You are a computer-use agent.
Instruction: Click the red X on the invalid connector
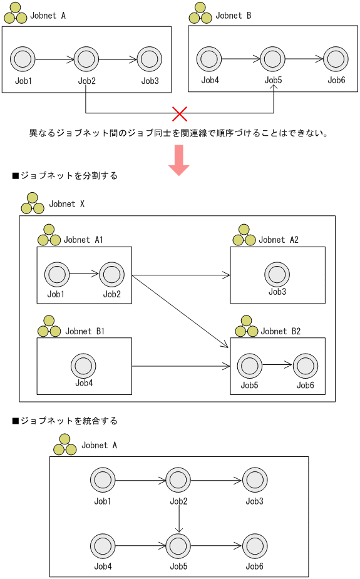click(180, 113)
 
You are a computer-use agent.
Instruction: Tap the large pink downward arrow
click(179, 160)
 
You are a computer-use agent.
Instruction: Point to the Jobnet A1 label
click(83, 240)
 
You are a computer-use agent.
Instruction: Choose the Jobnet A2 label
click(279, 240)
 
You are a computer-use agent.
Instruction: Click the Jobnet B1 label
click(85, 332)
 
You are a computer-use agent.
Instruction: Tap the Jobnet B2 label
click(280, 332)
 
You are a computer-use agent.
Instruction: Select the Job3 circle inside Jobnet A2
click(277, 274)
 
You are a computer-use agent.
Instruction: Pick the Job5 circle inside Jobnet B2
click(249, 366)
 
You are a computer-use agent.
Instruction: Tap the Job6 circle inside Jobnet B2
click(305, 366)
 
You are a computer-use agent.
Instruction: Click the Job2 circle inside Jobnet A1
click(111, 274)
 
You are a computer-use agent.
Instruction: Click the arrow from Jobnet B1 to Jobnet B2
click(180, 366)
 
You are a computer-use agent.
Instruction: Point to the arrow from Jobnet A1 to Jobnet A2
click(180, 275)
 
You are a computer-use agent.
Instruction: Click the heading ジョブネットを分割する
click(64, 176)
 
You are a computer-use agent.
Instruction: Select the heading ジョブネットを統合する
click(64, 421)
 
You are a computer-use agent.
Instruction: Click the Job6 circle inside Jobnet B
click(336, 59)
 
